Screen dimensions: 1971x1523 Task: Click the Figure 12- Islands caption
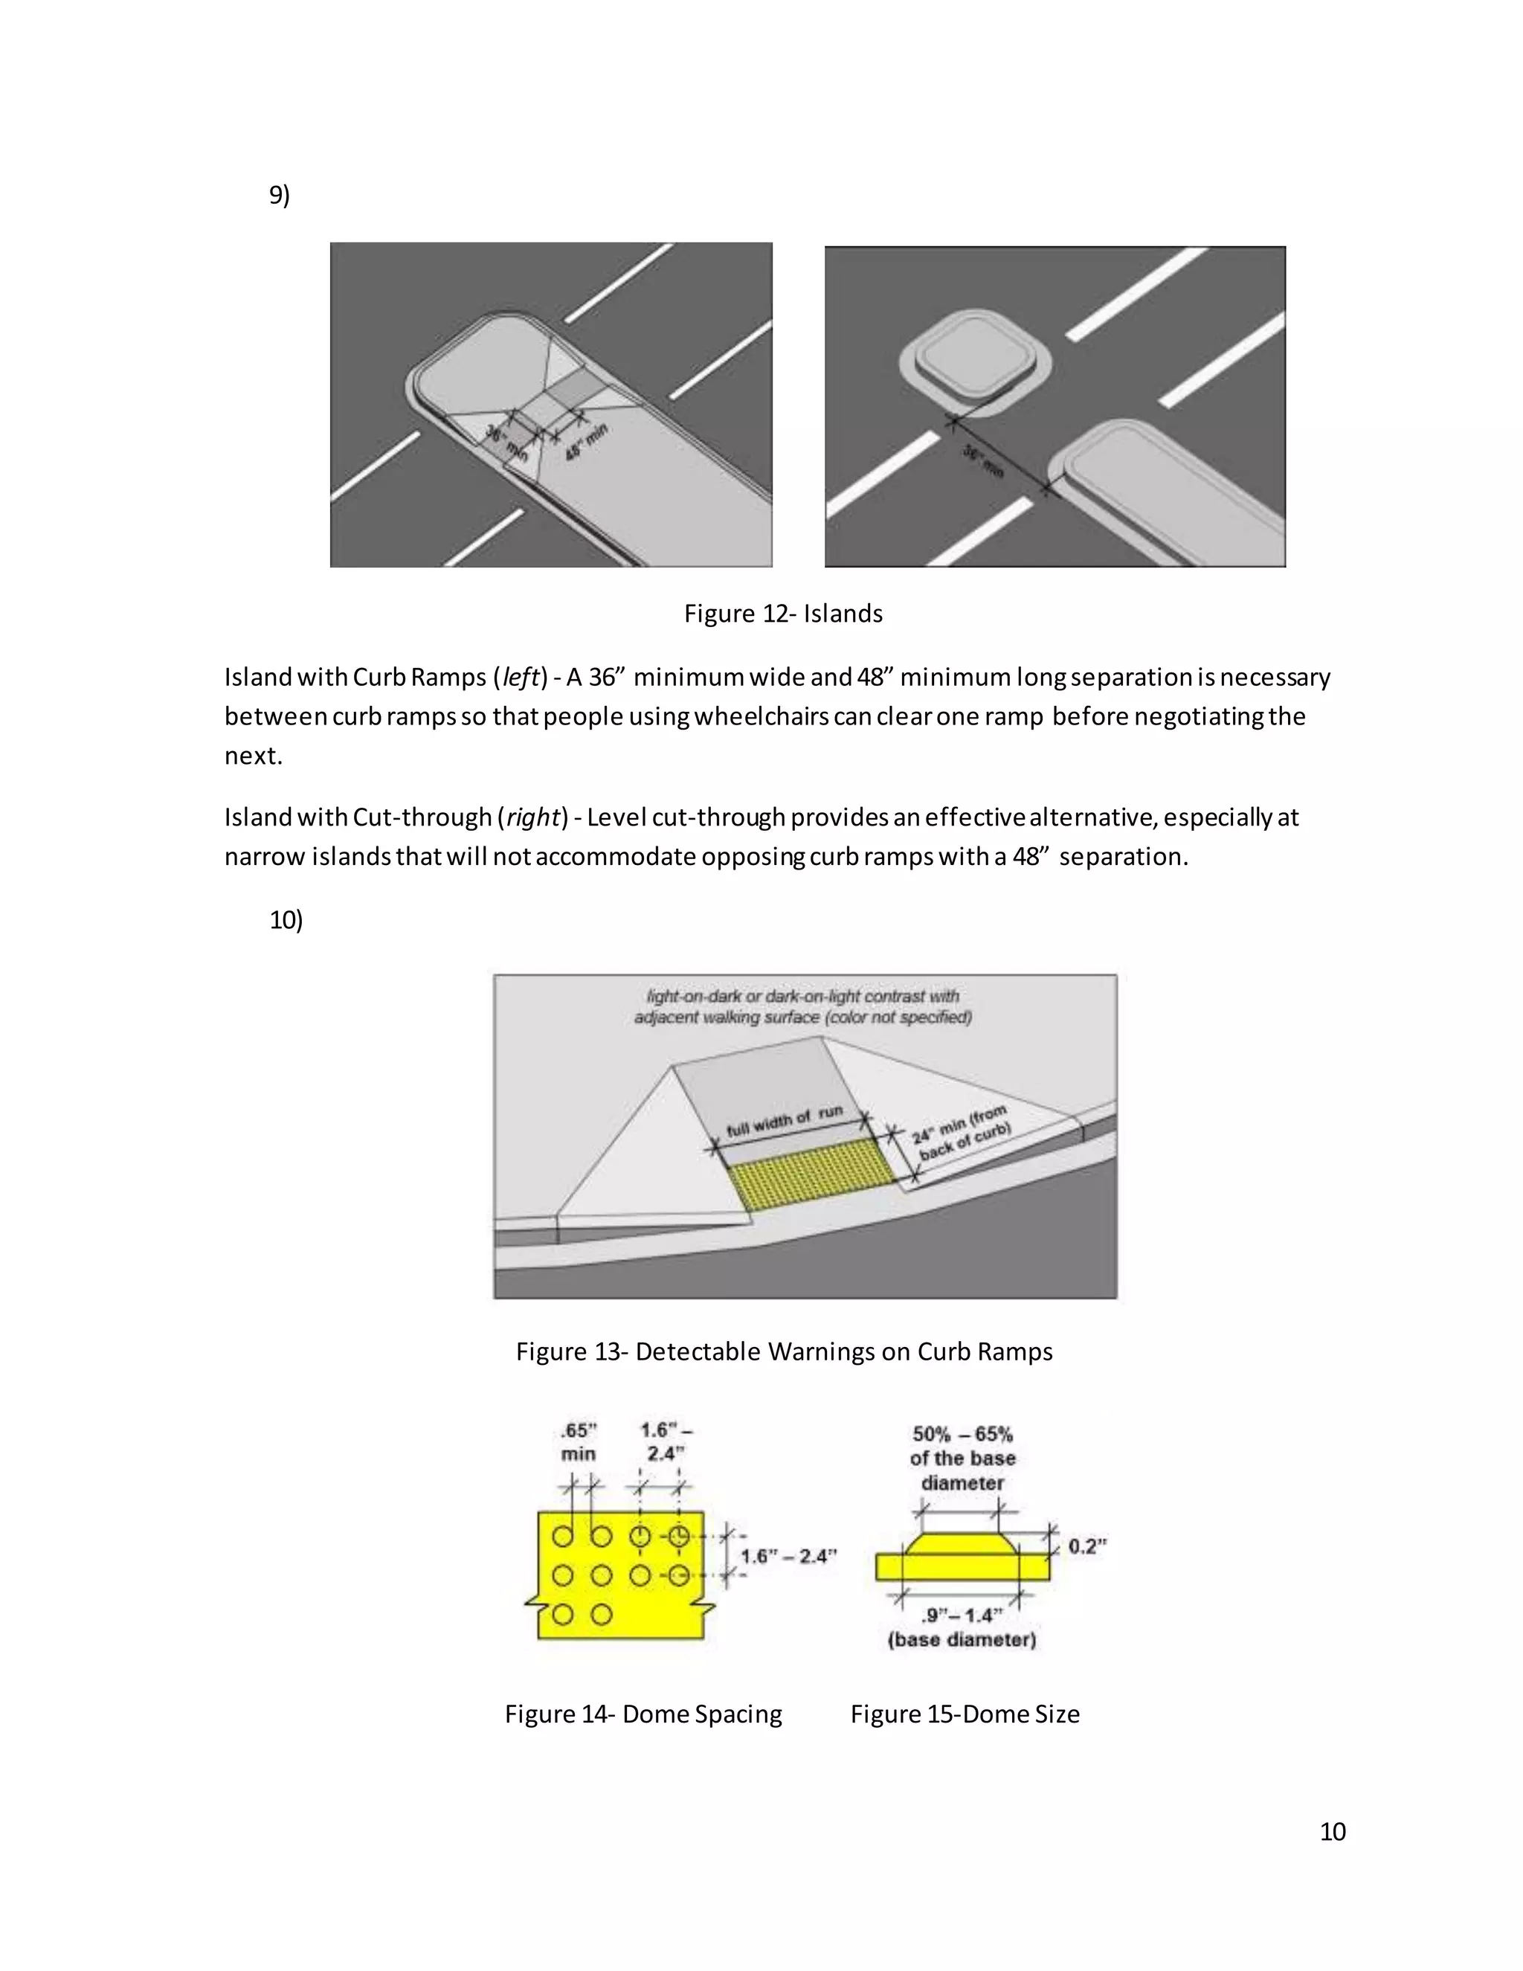pos(782,614)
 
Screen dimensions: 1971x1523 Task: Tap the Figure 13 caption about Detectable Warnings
pos(783,1351)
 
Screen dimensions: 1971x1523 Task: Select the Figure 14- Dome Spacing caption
pos(643,1714)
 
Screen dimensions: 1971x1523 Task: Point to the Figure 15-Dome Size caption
pos(965,1714)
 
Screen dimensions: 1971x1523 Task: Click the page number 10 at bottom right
pos(1332,1831)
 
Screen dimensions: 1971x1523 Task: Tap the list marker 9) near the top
pos(280,195)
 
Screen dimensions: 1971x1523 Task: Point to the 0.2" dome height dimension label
pos(1086,1547)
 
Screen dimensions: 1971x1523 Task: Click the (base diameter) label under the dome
pos(962,1640)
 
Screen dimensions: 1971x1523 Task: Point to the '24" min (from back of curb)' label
pos(962,1134)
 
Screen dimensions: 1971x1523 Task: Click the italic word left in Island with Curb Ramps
pos(521,677)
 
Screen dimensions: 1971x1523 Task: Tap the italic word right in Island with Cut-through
pos(532,817)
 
